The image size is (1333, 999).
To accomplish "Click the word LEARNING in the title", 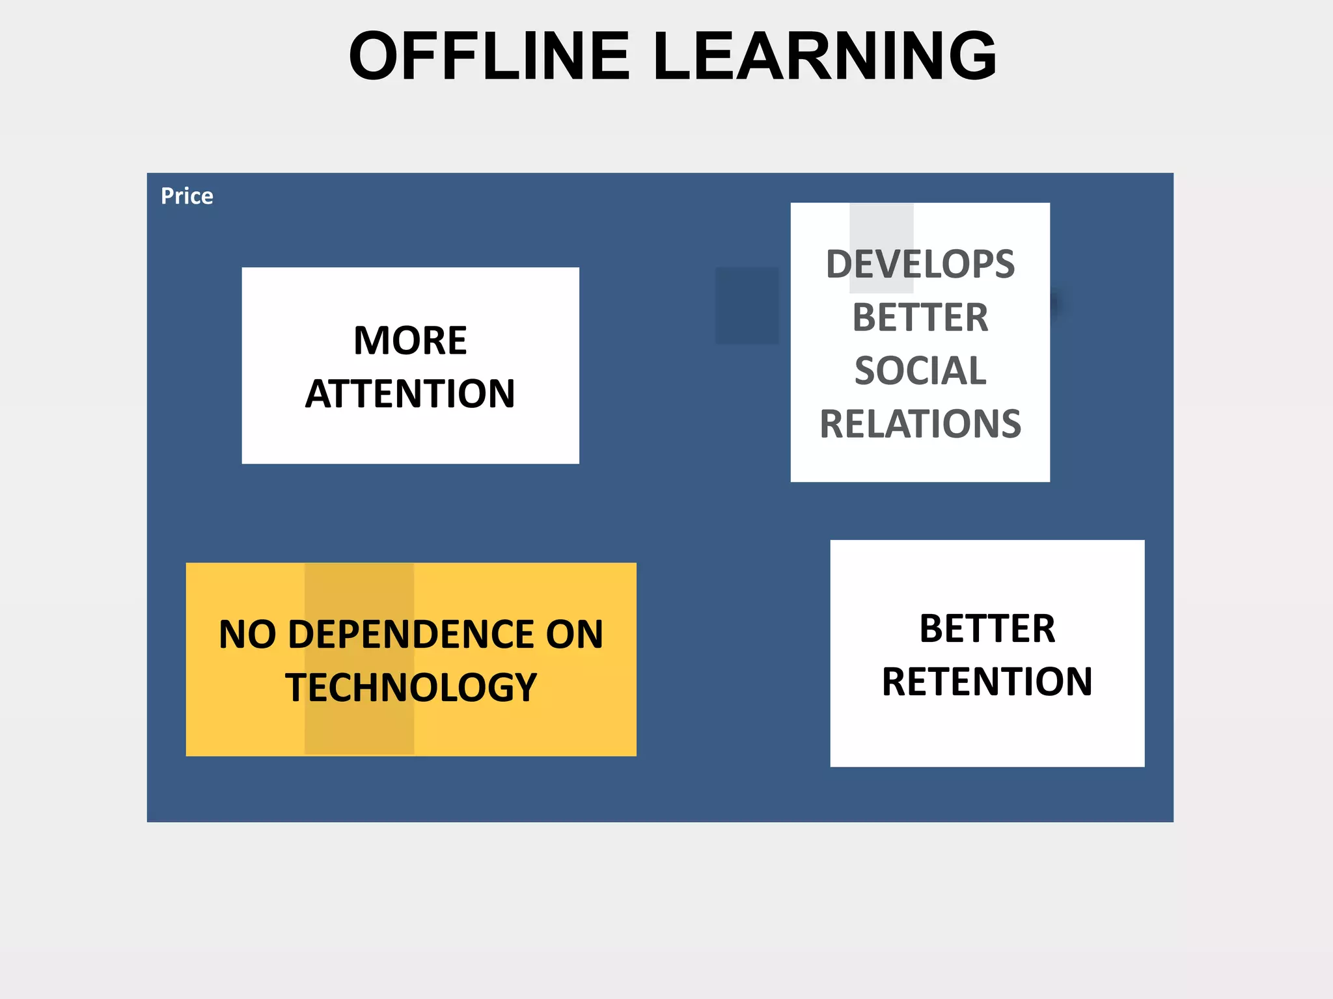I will click(x=825, y=57).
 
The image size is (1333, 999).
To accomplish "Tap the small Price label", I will click(x=187, y=196).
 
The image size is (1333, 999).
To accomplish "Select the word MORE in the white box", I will click(x=410, y=340).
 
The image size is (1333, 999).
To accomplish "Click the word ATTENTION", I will click(x=410, y=393).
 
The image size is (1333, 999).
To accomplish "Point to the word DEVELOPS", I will click(x=920, y=264).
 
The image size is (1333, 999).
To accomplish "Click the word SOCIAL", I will click(x=920, y=371).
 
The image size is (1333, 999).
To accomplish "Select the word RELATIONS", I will click(x=920, y=424).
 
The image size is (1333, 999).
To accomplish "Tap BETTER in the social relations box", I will click(x=920, y=317).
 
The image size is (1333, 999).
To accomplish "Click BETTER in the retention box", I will click(x=987, y=628).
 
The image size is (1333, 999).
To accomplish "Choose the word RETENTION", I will click(x=987, y=682).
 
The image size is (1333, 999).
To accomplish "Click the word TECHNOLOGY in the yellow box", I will click(x=411, y=687).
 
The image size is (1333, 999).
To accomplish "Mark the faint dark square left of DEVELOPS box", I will click(x=747, y=305).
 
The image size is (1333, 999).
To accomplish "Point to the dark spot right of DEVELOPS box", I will click(x=1056, y=303).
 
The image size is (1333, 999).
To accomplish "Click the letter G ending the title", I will click(x=967, y=57).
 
